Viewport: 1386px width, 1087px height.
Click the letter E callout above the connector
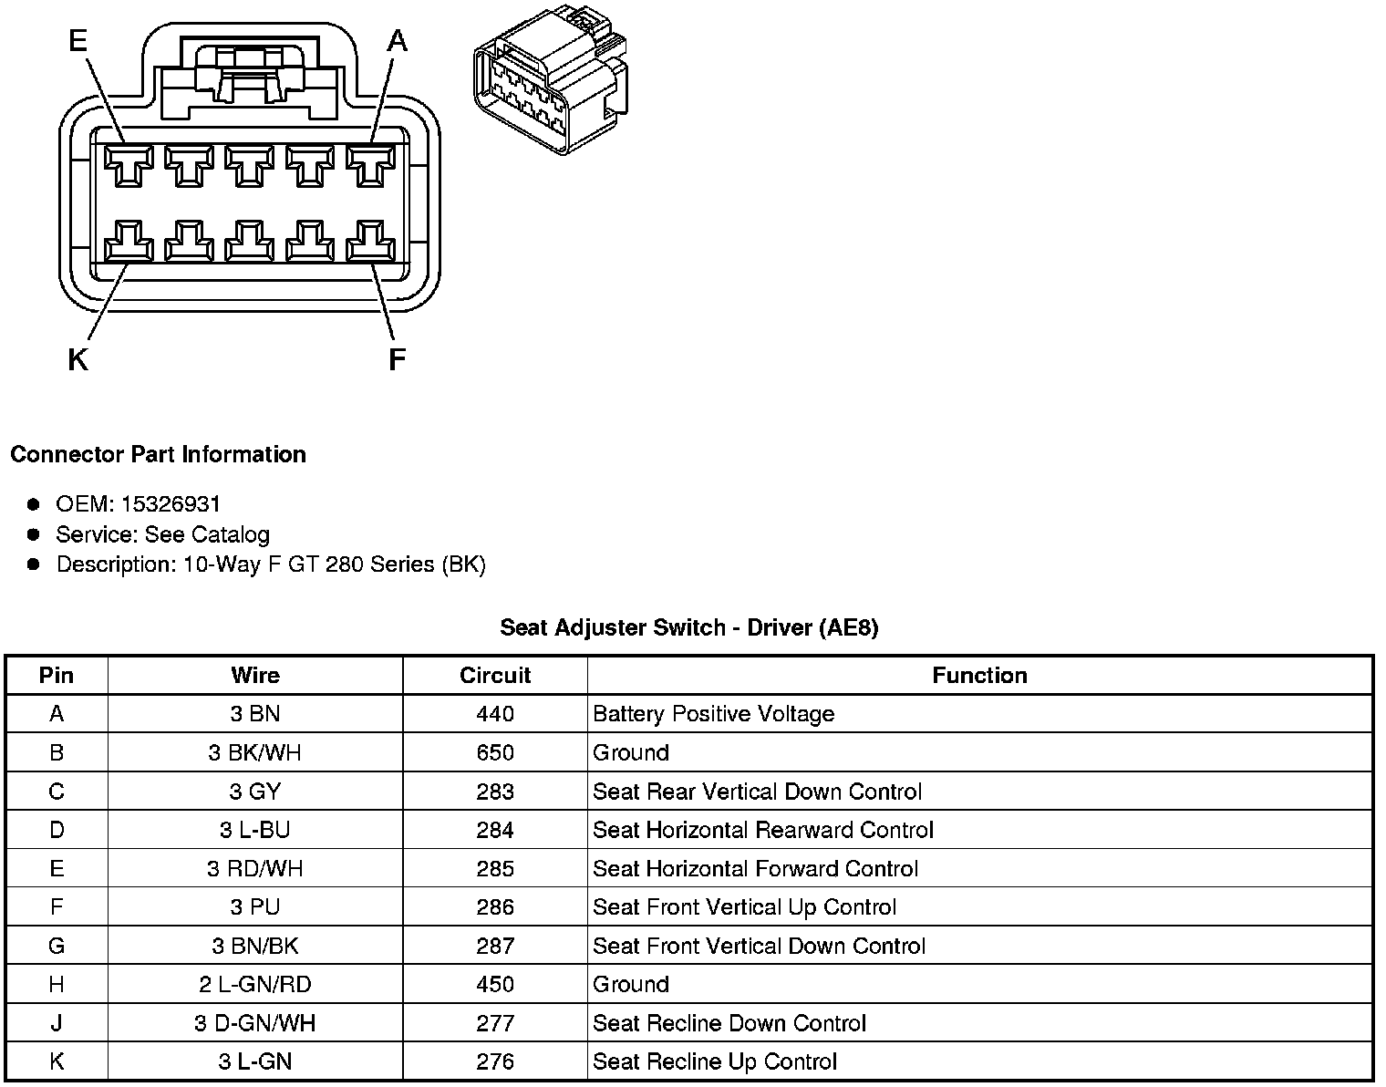coord(78,41)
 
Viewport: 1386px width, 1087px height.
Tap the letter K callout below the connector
coord(78,361)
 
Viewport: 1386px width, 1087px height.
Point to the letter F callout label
coord(397,361)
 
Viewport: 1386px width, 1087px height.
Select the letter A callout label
coord(398,41)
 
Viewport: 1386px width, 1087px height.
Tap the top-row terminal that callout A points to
coord(369,167)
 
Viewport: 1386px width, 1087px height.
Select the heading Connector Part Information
coord(159,454)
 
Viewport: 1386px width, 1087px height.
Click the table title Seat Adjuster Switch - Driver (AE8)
coord(688,627)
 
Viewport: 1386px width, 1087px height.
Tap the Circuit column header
coord(495,676)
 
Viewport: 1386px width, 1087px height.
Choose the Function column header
coord(979,676)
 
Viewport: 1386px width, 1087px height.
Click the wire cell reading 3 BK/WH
coord(254,753)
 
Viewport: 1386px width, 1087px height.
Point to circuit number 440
coord(495,714)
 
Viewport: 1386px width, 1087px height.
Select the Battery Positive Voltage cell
coord(713,714)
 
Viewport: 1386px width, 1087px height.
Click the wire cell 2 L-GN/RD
coord(254,985)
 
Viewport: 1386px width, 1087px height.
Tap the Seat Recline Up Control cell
coord(714,1062)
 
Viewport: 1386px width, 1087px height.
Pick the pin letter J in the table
coord(57,1023)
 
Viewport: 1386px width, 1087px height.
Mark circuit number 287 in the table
coord(495,947)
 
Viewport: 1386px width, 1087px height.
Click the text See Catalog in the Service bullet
coord(207,534)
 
